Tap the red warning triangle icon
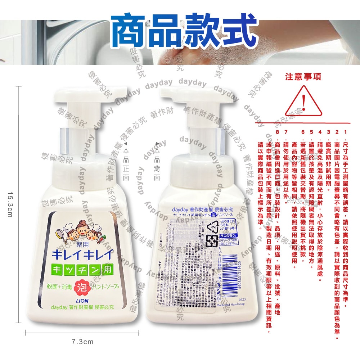[x=303, y=103]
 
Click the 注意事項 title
[x=303, y=77]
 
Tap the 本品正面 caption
[x=126, y=164]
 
